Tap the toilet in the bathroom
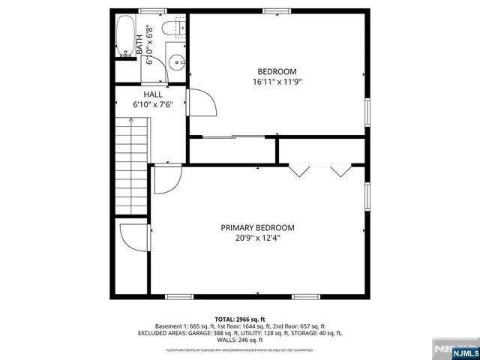point(178,28)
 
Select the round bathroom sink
point(175,63)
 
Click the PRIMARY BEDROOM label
point(257,228)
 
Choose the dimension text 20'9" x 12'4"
point(257,238)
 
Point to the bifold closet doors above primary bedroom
point(320,169)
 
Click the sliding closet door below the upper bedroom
point(232,136)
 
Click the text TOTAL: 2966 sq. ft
point(240,319)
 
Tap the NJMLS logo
point(454,349)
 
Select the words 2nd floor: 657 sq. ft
point(304,326)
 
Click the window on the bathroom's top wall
point(152,10)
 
